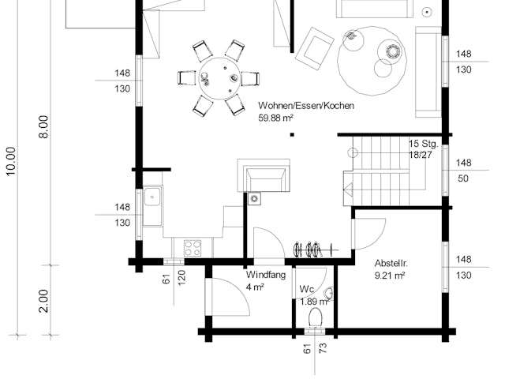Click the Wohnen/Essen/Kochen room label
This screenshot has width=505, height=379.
pos(305,105)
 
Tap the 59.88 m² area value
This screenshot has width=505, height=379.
pos(276,118)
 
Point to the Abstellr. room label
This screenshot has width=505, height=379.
pos(395,262)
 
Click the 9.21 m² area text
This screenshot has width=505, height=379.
pos(390,276)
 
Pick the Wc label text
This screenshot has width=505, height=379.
pos(307,289)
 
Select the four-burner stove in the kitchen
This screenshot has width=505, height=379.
pos(193,248)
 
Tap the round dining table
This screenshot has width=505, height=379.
pos(219,77)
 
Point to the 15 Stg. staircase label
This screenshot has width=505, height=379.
pos(424,144)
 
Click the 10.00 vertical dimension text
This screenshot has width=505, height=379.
pos(10,161)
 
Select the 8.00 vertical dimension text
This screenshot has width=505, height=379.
pos(43,126)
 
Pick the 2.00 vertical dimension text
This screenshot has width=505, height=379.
pos(43,300)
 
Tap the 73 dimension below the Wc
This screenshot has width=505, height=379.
pos(322,347)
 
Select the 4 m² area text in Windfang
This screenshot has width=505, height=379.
pos(254,287)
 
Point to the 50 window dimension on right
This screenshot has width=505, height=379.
pos(464,179)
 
